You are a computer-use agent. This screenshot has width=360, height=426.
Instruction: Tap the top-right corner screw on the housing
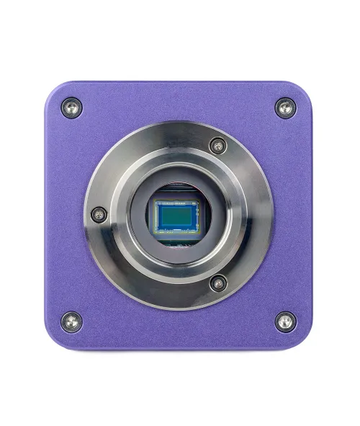click(x=285, y=108)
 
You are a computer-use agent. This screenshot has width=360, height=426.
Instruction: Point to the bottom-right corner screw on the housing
click(x=285, y=321)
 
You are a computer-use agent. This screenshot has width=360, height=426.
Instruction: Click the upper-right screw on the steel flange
click(x=217, y=146)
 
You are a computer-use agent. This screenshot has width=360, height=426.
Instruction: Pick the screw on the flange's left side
click(x=99, y=214)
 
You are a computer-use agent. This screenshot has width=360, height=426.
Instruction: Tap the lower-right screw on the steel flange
click(x=217, y=283)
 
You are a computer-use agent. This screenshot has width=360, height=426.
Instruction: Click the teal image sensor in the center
click(x=176, y=214)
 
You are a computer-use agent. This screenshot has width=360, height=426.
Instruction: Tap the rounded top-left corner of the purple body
click(x=55, y=91)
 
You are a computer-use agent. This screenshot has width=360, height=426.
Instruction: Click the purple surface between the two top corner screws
click(x=179, y=97)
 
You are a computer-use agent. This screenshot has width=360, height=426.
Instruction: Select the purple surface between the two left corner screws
click(x=63, y=214)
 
